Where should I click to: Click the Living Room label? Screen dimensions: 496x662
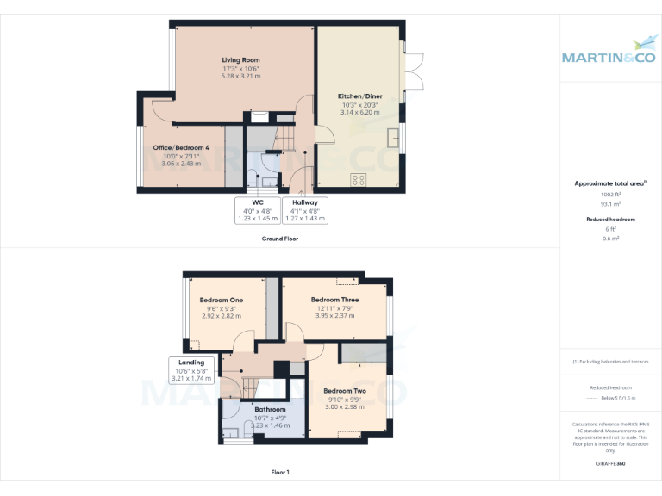click(x=240, y=60)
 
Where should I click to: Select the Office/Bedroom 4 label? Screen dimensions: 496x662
click(x=181, y=148)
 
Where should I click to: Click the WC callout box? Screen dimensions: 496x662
click(x=257, y=210)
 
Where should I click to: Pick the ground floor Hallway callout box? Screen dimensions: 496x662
click(x=305, y=210)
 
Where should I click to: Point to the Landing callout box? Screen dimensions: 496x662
click(x=192, y=370)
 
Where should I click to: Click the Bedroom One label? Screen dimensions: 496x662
click(x=222, y=300)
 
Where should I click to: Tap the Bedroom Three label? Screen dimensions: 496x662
click(x=334, y=300)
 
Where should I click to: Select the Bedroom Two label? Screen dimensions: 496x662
click(x=345, y=391)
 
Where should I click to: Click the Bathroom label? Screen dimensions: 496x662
click(x=270, y=409)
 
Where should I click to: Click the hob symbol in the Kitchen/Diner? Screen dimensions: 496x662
click(x=357, y=179)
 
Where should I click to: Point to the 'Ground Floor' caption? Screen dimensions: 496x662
click(x=280, y=239)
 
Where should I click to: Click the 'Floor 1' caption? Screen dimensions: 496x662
click(x=280, y=472)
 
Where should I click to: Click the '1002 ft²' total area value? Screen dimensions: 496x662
click(x=610, y=195)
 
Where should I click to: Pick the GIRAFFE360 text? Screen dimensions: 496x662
click(x=610, y=464)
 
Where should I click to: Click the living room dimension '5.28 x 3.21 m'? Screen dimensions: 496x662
click(x=240, y=77)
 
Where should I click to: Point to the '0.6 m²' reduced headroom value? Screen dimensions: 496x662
click(x=610, y=239)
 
